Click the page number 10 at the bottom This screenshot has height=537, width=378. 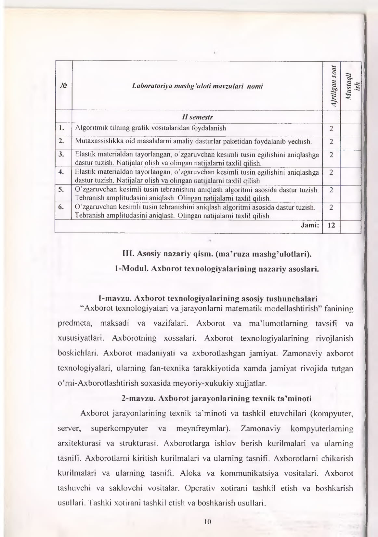[208, 522]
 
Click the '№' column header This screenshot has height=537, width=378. [63, 86]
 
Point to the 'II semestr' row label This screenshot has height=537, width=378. [197, 117]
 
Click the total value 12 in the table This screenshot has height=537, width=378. [331, 225]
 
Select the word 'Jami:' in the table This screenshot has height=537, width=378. [310, 225]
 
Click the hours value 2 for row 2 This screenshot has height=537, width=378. [331, 142]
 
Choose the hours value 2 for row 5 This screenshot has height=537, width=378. [331, 190]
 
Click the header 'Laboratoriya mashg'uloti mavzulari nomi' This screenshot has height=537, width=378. [198, 86]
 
